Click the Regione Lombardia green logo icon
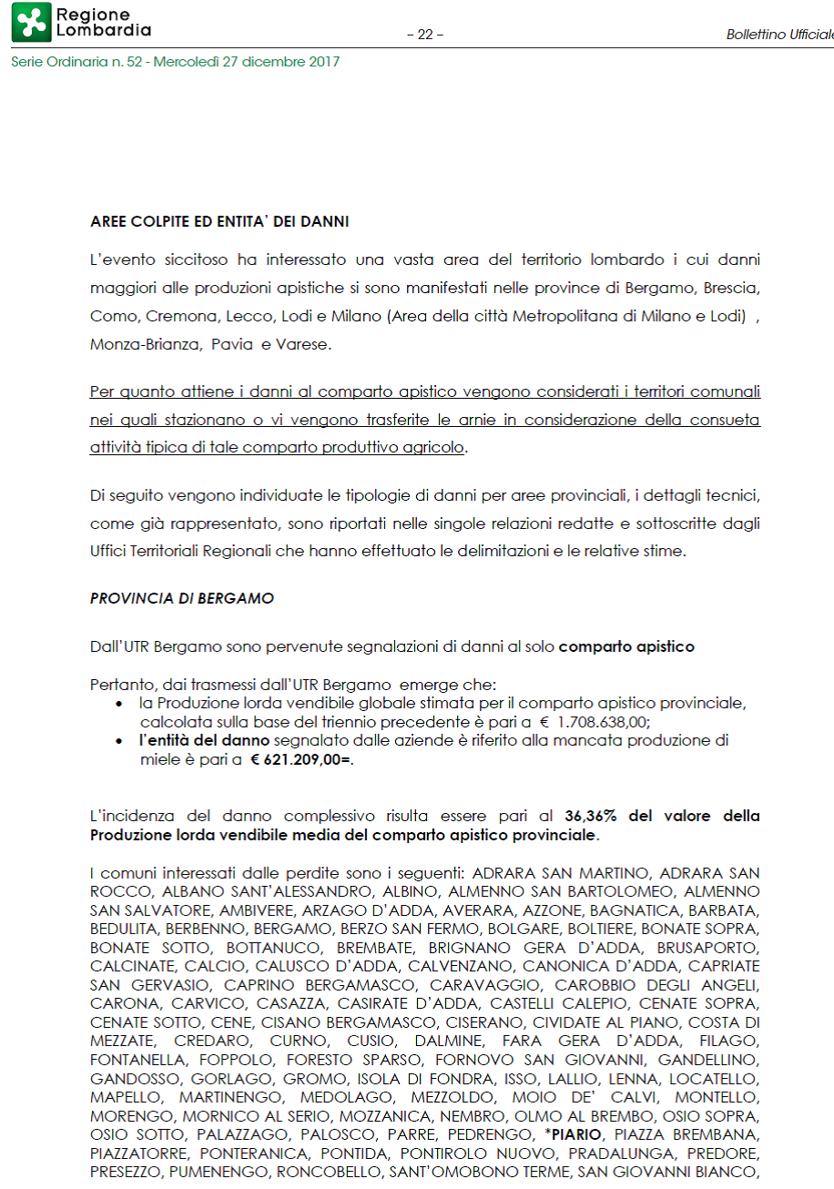point(31,23)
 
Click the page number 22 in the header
point(425,35)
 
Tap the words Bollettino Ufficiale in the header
point(779,35)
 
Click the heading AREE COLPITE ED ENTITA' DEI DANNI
point(219,221)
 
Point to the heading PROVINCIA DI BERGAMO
point(182,598)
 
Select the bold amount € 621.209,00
point(301,758)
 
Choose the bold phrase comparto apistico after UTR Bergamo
point(626,647)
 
